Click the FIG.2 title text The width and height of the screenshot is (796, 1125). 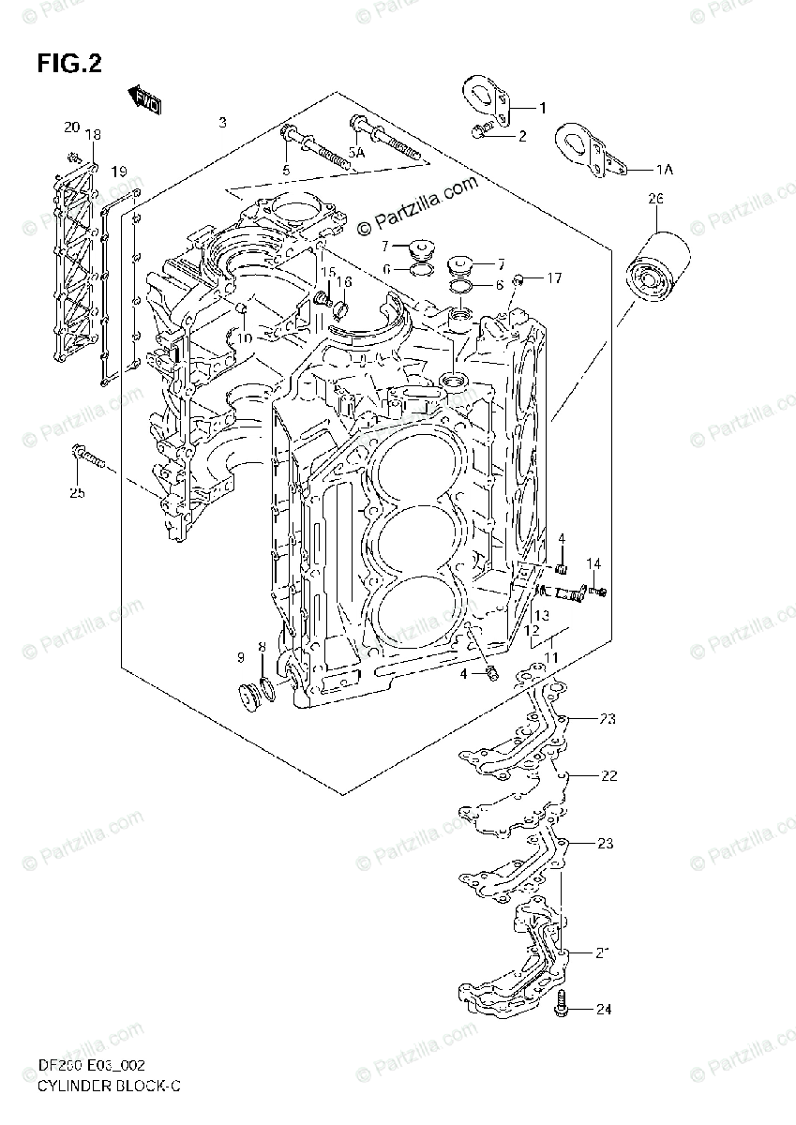[x=69, y=63]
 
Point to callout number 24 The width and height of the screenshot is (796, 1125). [x=604, y=1010]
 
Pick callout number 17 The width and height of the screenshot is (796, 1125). [x=554, y=277]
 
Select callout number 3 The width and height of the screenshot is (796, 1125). [x=222, y=123]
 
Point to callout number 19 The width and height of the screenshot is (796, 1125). [x=119, y=172]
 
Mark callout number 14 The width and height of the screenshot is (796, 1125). [x=593, y=563]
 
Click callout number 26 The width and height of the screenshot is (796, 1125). [x=655, y=199]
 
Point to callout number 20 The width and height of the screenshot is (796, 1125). [x=72, y=127]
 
